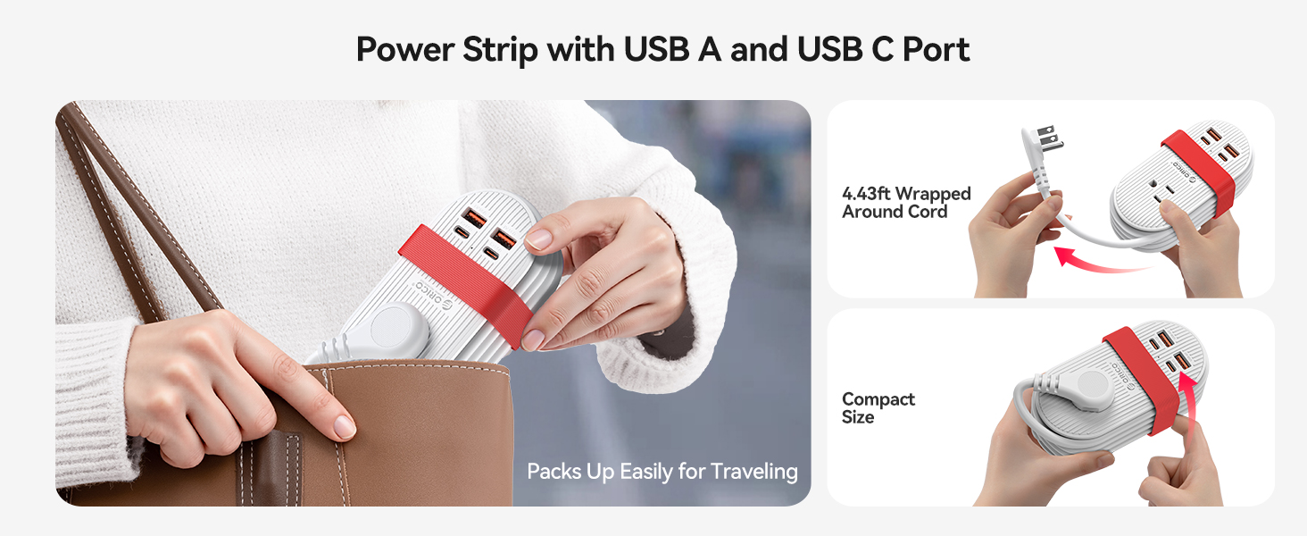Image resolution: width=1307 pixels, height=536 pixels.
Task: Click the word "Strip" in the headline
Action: tap(500, 50)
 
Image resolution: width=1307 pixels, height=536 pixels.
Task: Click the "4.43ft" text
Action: tap(867, 194)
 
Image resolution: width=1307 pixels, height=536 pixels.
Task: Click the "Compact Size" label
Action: tap(878, 407)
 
